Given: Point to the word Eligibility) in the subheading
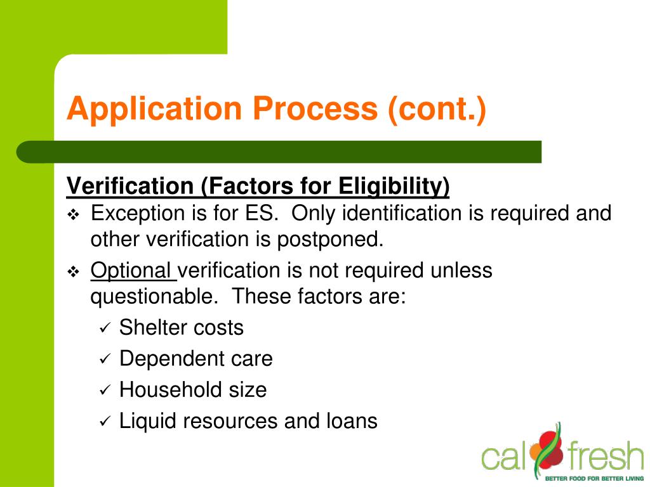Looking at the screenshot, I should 394,186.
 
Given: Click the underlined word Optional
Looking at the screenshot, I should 132,271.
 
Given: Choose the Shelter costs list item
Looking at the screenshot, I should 181,328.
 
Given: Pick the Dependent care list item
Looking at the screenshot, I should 196,359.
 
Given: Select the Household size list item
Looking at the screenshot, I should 192,390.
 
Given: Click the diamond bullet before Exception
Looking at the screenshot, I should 73,215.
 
